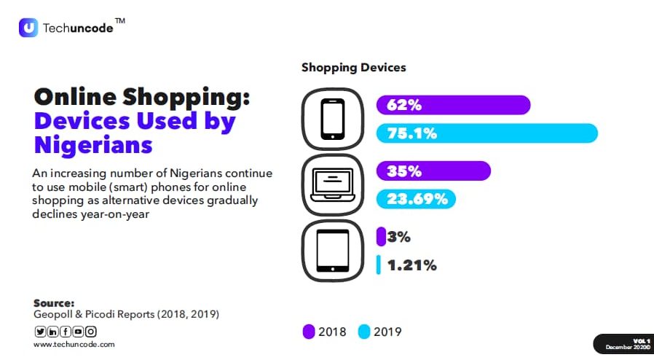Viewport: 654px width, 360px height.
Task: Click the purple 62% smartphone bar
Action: [453, 105]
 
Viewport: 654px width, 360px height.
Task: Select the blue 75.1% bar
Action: [486, 133]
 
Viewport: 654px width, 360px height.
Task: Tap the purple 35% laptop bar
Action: [433, 171]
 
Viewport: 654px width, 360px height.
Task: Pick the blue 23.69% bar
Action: [416, 199]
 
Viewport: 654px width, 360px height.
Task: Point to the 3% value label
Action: [400, 237]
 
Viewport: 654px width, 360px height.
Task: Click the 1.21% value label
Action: [411, 265]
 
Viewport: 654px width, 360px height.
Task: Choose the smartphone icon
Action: [332, 119]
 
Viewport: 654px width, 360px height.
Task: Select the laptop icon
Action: [332, 185]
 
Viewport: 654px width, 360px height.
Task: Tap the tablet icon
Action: [332, 251]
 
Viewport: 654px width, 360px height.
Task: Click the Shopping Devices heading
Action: [353, 68]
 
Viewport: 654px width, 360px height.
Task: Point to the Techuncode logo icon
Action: [28, 28]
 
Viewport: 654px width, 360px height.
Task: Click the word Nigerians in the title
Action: [93, 144]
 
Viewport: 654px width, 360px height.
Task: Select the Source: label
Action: [54, 302]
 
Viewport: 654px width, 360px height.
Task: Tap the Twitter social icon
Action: [39, 332]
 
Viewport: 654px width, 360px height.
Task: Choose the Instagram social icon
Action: [91, 332]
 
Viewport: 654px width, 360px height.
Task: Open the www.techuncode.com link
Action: [74, 344]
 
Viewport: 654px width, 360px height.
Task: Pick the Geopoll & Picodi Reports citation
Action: [126, 314]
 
